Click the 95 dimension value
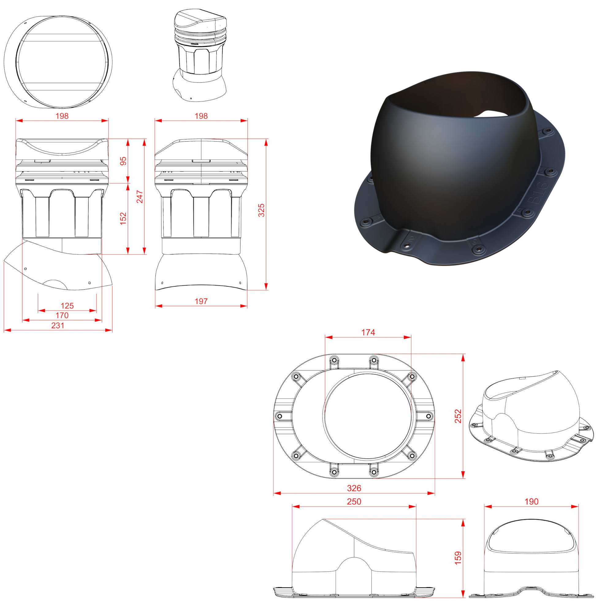(x=123, y=161)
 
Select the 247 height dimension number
(x=139, y=197)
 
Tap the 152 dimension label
(x=123, y=219)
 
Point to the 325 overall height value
(x=261, y=210)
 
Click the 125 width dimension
(x=67, y=306)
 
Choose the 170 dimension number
(x=62, y=315)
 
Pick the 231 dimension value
(x=58, y=325)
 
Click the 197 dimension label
(x=201, y=301)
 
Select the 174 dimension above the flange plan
(x=368, y=332)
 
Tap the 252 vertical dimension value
(x=458, y=416)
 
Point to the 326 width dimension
(x=354, y=488)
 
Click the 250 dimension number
(x=354, y=502)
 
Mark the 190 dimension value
(x=531, y=502)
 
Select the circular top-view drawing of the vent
(x=58, y=62)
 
